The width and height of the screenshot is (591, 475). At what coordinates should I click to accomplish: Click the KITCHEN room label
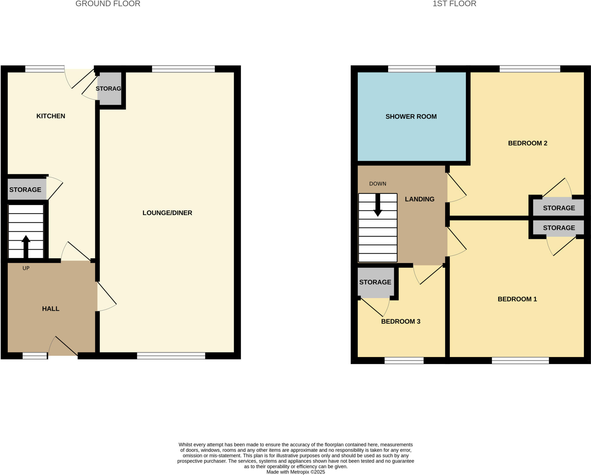coord(51,116)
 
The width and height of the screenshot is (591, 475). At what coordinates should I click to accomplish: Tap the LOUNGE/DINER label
coord(167,213)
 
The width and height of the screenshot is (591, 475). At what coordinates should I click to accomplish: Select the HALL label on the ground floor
coord(51,308)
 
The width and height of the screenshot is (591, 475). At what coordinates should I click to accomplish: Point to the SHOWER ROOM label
coord(411,117)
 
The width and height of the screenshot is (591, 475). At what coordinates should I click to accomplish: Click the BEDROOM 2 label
coord(528,143)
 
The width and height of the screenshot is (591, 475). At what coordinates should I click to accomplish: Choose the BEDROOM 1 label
coord(517,299)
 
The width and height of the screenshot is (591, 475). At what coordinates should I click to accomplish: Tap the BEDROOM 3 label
coord(401,321)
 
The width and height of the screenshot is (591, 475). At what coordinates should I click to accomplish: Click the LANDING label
coord(420,199)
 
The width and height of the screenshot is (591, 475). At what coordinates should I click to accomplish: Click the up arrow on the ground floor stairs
coord(26,245)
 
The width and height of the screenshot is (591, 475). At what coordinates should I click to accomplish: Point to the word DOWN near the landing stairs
coord(378,184)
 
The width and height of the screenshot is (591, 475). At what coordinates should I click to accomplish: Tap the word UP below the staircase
coord(26,268)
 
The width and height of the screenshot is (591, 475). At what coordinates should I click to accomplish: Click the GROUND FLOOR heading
coord(108,4)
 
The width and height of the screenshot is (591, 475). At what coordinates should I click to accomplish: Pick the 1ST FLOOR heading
coord(454,4)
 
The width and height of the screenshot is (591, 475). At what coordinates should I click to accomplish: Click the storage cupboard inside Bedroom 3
coord(375,282)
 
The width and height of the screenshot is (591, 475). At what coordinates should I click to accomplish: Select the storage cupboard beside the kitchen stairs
coord(25,190)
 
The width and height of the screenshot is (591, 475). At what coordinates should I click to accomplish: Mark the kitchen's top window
coord(45,69)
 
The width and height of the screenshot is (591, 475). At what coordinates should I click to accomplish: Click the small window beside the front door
coord(35,356)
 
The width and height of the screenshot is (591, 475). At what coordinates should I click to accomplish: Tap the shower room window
coord(412,69)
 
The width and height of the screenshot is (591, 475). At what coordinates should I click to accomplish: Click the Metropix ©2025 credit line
coord(295,472)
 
